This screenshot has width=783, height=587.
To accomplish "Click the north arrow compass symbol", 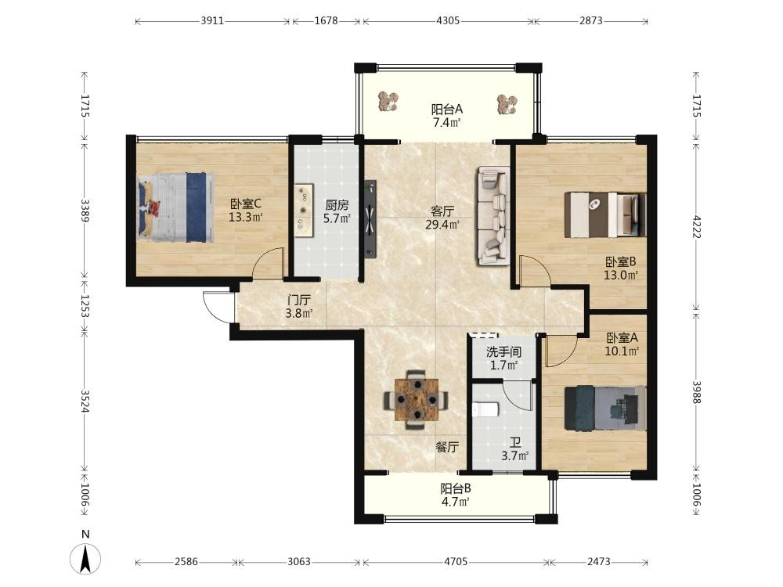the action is tap(85, 557).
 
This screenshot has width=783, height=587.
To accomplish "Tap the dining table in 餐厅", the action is tap(416, 399).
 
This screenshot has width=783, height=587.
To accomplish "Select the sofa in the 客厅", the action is tap(493, 216).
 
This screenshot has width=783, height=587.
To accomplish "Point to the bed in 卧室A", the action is tap(604, 409).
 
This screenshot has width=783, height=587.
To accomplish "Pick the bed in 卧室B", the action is tap(604, 214).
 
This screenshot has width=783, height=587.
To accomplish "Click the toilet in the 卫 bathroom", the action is tap(485, 410).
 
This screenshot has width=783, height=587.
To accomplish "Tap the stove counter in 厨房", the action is tap(303, 210).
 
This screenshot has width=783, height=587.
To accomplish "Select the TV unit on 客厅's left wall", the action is tap(370, 219).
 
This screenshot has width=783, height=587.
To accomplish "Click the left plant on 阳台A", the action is tap(388, 101).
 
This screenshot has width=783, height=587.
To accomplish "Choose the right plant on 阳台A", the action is tap(507, 104).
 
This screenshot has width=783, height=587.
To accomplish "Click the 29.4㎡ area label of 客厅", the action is tap(442, 225).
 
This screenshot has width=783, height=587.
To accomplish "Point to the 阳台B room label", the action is tap(456, 488).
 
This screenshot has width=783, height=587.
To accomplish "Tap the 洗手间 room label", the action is tap(503, 351).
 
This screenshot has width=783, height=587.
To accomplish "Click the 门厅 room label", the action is tap(299, 300).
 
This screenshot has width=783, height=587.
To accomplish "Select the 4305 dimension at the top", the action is tap(448, 21).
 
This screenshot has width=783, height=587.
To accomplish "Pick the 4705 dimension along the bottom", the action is tap(456, 561).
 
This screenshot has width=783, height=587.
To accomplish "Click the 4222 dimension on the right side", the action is tap(697, 227).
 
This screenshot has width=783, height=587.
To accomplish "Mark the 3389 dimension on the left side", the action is tap(85, 211).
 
